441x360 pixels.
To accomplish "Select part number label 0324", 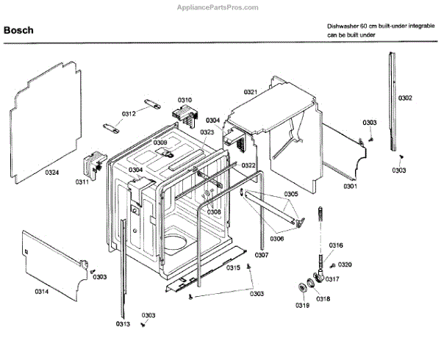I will pyautogui.click(x=51, y=173).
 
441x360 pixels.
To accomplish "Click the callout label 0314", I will pyautogui.click(x=41, y=291).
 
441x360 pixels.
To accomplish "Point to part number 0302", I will pyautogui.click(x=405, y=98).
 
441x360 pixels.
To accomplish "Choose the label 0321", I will pyautogui.click(x=251, y=92).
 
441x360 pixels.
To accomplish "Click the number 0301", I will pyautogui.click(x=349, y=186).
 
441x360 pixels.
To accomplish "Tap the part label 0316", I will pyautogui.click(x=336, y=245).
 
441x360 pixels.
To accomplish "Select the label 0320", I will pyautogui.click(x=345, y=264).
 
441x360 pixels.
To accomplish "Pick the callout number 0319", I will pyautogui.click(x=302, y=305).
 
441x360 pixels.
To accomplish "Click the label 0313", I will pyautogui.click(x=122, y=324).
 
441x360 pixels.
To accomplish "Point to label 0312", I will pyautogui.click(x=129, y=114).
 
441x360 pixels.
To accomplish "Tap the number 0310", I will pyautogui.click(x=184, y=100).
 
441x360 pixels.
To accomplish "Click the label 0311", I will pyautogui.click(x=82, y=181).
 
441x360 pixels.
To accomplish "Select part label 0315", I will pyautogui.click(x=233, y=268).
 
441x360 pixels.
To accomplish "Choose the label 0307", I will pyautogui.click(x=262, y=255).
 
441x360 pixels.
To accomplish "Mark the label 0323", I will pyautogui.click(x=207, y=132).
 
